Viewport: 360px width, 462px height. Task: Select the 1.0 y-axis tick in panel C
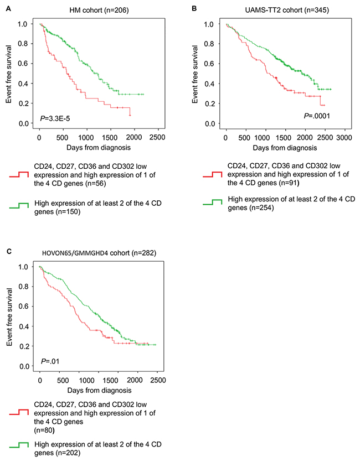pyautogui.click(x=23, y=267)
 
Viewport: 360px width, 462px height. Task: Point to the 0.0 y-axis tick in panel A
pyautogui.click(x=23, y=123)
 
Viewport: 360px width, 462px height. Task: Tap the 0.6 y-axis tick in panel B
pyautogui.click(x=209, y=64)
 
